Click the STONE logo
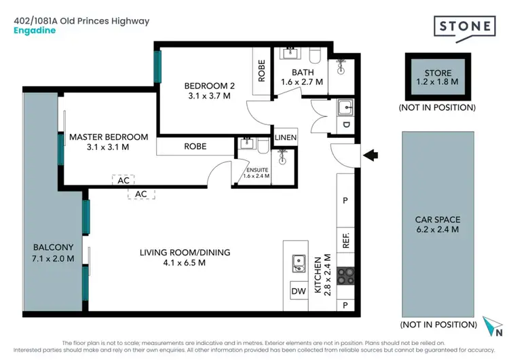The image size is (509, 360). (465, 28)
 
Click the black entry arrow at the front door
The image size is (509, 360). (372, 156)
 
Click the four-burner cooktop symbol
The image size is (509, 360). (345, 277)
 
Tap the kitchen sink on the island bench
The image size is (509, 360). (297, 261)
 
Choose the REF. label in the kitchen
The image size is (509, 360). (345, 241)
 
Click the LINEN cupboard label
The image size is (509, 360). (286, 138)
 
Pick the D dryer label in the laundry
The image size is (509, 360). (345, 124)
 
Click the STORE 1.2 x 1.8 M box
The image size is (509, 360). (438, 77)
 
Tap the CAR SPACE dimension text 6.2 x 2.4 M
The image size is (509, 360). (437, 230)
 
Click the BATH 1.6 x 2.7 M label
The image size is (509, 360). (302, 77)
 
